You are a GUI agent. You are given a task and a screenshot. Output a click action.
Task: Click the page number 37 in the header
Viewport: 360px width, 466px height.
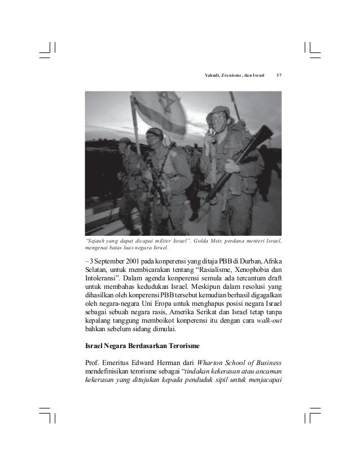coord(279,76)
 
